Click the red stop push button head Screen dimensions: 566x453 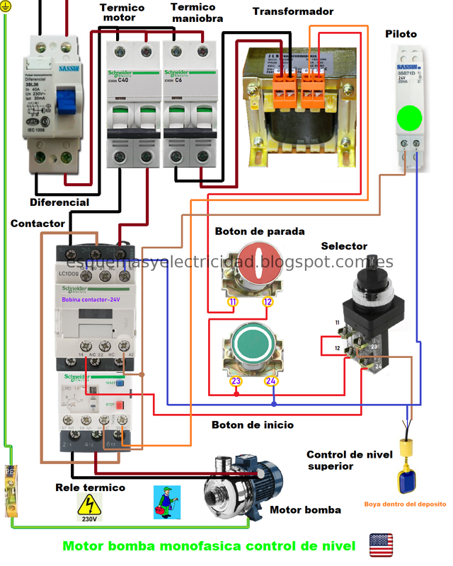(255, 259)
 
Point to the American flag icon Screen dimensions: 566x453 (381, 545)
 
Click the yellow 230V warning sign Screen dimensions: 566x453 (89, 508)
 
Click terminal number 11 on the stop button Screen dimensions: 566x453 (231, 302)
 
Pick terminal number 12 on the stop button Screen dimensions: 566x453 (268, 302)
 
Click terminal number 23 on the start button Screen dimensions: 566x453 (234, 382)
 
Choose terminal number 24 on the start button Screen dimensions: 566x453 (270, 382)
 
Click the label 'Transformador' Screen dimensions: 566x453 (293, 12)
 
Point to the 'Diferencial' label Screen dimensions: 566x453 (59, 202)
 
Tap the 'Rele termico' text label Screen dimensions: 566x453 (91, 487)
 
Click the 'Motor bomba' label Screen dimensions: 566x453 (305, 509)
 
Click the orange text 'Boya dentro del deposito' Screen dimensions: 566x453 (405, 504)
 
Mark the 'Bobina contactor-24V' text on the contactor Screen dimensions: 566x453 (91, 300)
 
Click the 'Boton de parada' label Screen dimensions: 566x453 (260, 231)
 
